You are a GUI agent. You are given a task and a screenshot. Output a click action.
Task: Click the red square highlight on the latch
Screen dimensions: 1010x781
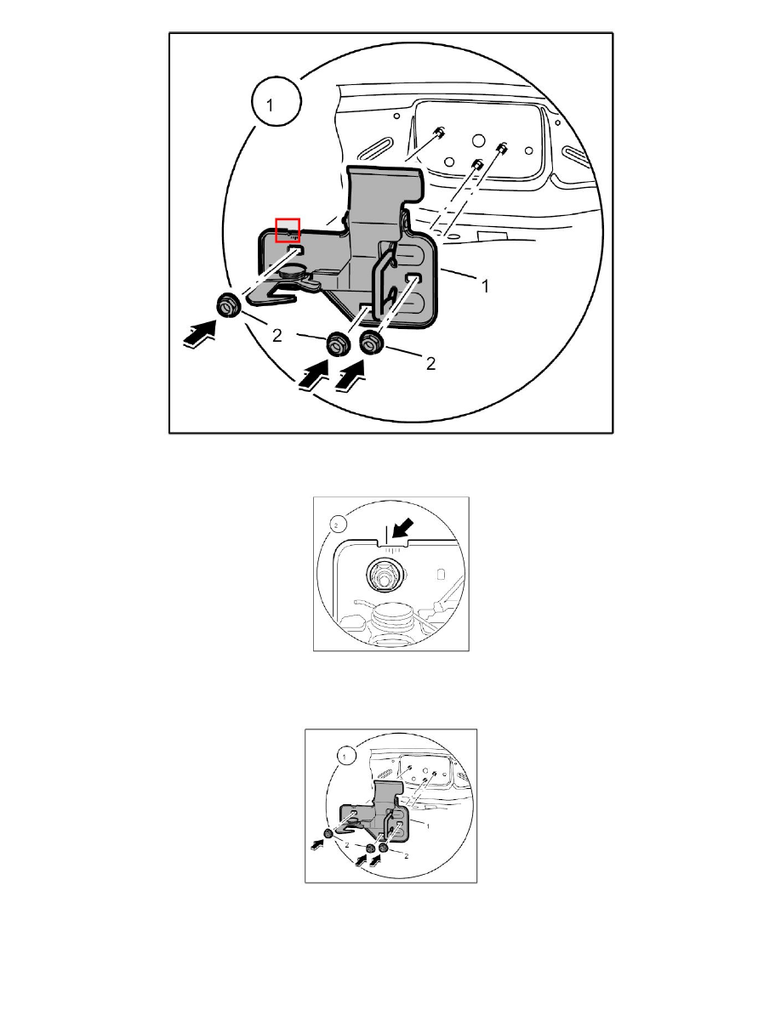coord(288,230)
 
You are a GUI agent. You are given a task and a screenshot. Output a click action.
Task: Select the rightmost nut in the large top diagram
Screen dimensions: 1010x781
coord(370,343)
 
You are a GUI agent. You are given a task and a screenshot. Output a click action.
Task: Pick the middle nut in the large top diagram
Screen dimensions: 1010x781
coord(336,344)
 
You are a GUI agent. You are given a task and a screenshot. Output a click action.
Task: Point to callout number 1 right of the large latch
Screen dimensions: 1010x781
coord(485,287)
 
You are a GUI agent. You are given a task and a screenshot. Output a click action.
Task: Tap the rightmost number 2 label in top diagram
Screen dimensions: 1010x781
coord(430,363)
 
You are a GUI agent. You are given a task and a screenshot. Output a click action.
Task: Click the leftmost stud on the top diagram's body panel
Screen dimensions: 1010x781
coord(440,133)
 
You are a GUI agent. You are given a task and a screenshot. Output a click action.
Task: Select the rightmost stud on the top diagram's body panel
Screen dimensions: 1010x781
coord(501,149)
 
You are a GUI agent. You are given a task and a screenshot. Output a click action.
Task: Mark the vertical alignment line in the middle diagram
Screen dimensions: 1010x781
coord(386,533)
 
